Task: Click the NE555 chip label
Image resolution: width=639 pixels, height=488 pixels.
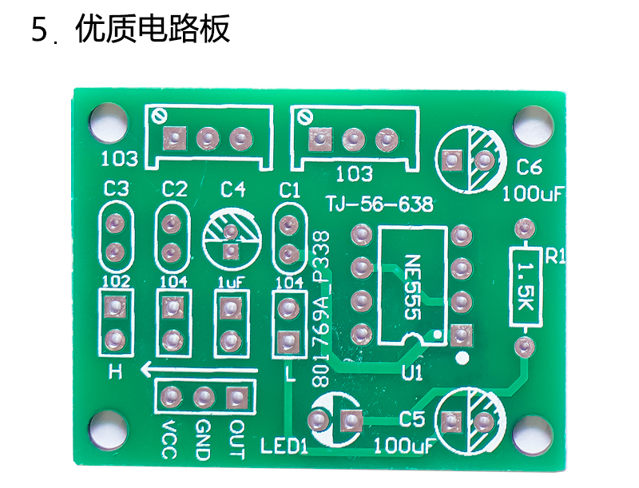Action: (x=412, y=288)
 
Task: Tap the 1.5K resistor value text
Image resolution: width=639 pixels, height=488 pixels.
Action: (x=526, y=286)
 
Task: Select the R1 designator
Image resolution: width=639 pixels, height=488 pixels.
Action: (x=555, y=256)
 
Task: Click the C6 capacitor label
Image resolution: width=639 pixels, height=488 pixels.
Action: (x=530, y=167)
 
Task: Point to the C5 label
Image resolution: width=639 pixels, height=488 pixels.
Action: (x=412, y=419)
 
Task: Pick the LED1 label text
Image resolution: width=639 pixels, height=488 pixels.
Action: (x=284, y=446)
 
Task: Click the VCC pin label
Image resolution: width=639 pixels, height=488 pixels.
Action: (x=169, y=440)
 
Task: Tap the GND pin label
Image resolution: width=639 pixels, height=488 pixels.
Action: (x=203, y=440)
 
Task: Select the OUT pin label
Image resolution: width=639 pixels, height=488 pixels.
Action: (x=236, y=440)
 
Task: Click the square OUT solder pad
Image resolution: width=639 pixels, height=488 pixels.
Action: (x=237, y=397)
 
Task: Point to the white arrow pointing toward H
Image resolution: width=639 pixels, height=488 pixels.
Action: (x=199, y=370)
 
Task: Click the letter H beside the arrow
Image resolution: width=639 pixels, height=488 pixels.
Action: (x=115, y=371)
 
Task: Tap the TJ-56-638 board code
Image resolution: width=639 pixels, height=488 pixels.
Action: (x=380, y=204)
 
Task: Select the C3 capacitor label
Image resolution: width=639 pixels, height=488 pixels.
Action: (x=116, y=189)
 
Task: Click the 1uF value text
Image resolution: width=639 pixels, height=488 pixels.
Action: (x=231, y=282)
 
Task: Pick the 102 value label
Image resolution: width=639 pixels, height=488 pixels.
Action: (x=116, y=281)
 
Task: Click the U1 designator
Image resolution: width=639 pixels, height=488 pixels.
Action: (x=412, y=373)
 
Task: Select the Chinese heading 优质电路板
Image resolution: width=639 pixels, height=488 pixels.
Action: (x=153, y=29)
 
